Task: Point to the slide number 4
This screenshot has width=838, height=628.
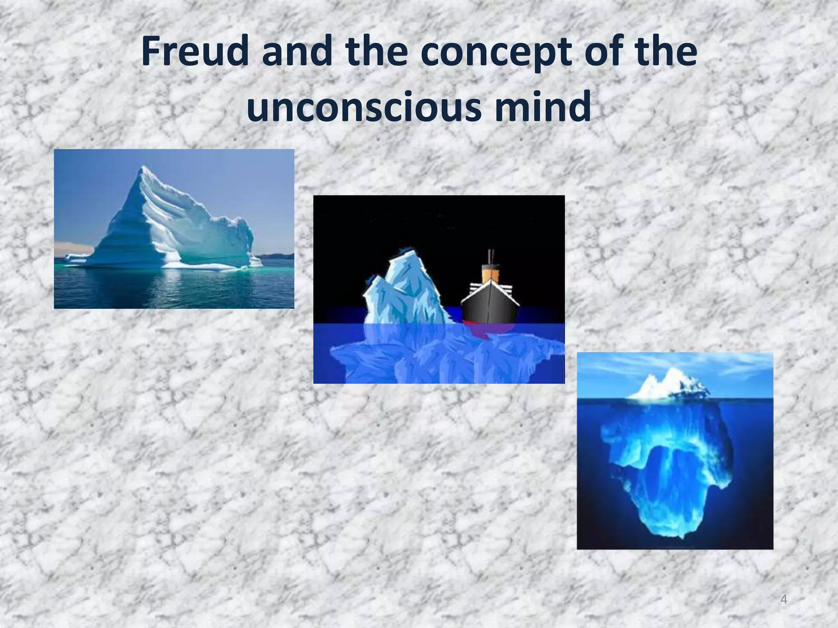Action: (x=784, y=599)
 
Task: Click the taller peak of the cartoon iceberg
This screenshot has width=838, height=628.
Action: (x=399, y=256)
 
